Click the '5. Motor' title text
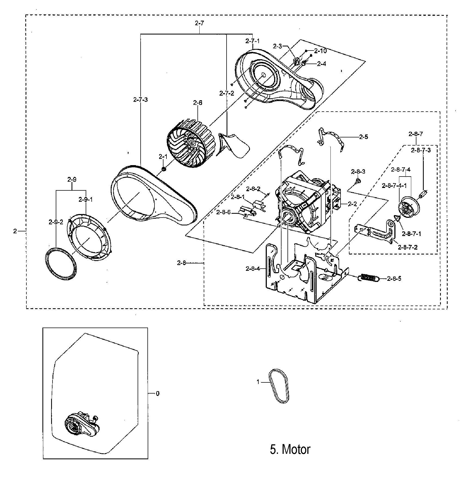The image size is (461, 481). [290, 449]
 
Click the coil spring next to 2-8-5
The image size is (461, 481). [369, 278]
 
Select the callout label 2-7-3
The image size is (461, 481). [140, 100]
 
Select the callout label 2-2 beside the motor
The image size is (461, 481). [352, 204]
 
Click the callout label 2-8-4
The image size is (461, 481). [253, 269]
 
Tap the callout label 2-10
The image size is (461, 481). [320, 51]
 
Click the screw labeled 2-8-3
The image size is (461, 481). [358, 181]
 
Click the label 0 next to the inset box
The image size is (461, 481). [158, 394]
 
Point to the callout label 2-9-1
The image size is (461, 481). [86, 200]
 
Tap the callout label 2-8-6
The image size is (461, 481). [223, 212]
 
